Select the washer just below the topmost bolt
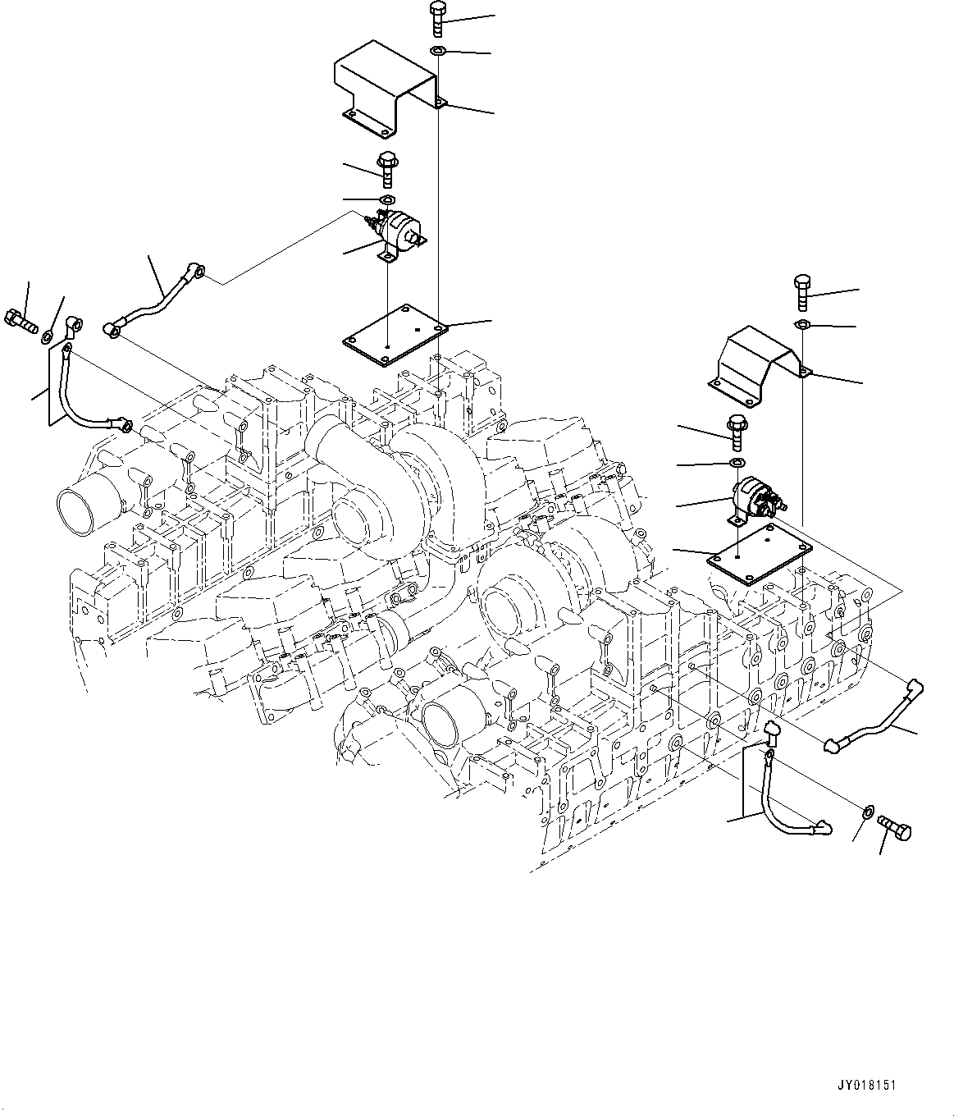[x=438, y=53]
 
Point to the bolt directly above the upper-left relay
[x=386, y=169]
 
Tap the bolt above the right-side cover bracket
[x=802, y=293]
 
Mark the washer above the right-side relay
[x=735, y=464]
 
